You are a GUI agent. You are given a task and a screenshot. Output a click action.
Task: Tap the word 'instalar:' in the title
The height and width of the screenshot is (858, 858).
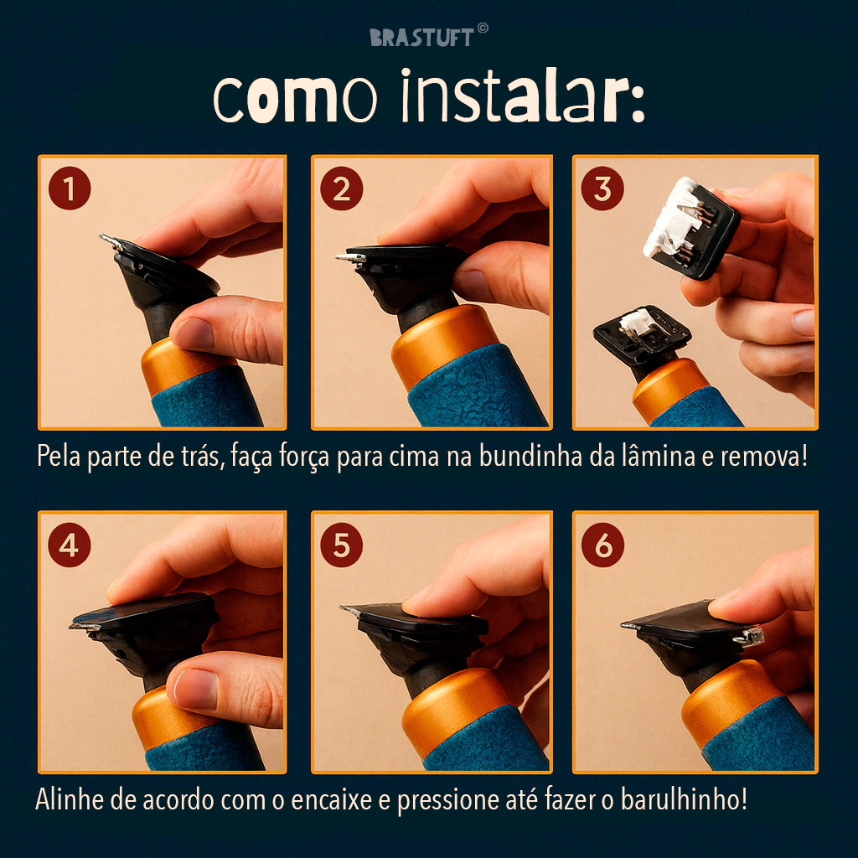point(523,95)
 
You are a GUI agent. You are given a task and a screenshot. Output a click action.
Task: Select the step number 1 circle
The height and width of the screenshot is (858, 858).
point(70,189)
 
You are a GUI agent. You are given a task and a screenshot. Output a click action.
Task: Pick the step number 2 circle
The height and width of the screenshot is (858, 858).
point(342,189)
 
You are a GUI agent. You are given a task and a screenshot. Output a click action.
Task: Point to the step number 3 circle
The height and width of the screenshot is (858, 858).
point(602,189)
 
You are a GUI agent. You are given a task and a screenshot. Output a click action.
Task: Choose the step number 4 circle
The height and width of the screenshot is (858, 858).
point(70,545)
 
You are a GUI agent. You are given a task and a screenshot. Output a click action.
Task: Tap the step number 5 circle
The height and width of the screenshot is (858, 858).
point(342,545)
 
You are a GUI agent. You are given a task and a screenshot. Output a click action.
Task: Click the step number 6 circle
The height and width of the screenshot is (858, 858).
point(602,545)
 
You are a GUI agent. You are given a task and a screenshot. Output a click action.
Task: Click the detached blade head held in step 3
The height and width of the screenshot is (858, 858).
point(691,227)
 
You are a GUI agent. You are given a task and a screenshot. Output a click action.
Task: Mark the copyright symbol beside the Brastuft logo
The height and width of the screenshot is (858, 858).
point(483,28)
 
